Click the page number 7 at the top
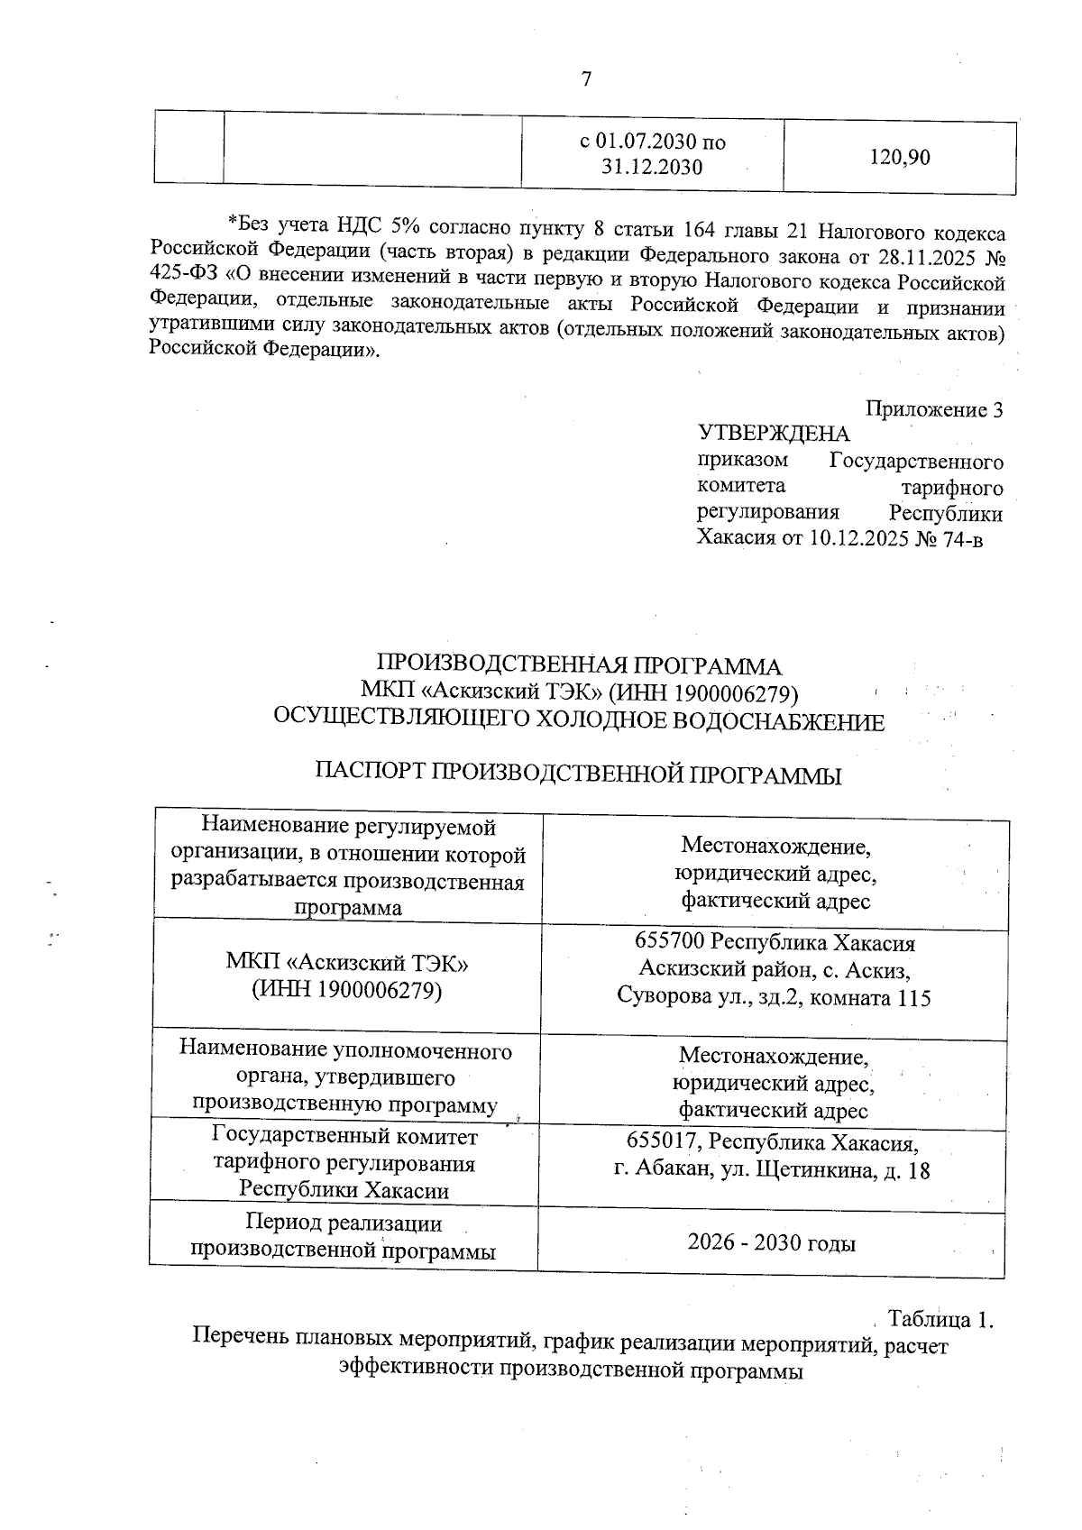[586, 80]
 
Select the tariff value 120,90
[899, 158]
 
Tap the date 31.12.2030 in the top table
[651, 167]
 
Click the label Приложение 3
[934, 410]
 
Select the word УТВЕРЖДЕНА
[774, 435]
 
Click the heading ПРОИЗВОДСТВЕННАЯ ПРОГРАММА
[579, 667]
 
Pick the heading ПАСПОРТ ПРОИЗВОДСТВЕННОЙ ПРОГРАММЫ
[578, 774]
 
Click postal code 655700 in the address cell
[670, 943]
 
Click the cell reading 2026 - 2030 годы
[771, 1243]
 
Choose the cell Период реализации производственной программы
[344, 1237]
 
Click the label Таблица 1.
[940, 1319]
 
